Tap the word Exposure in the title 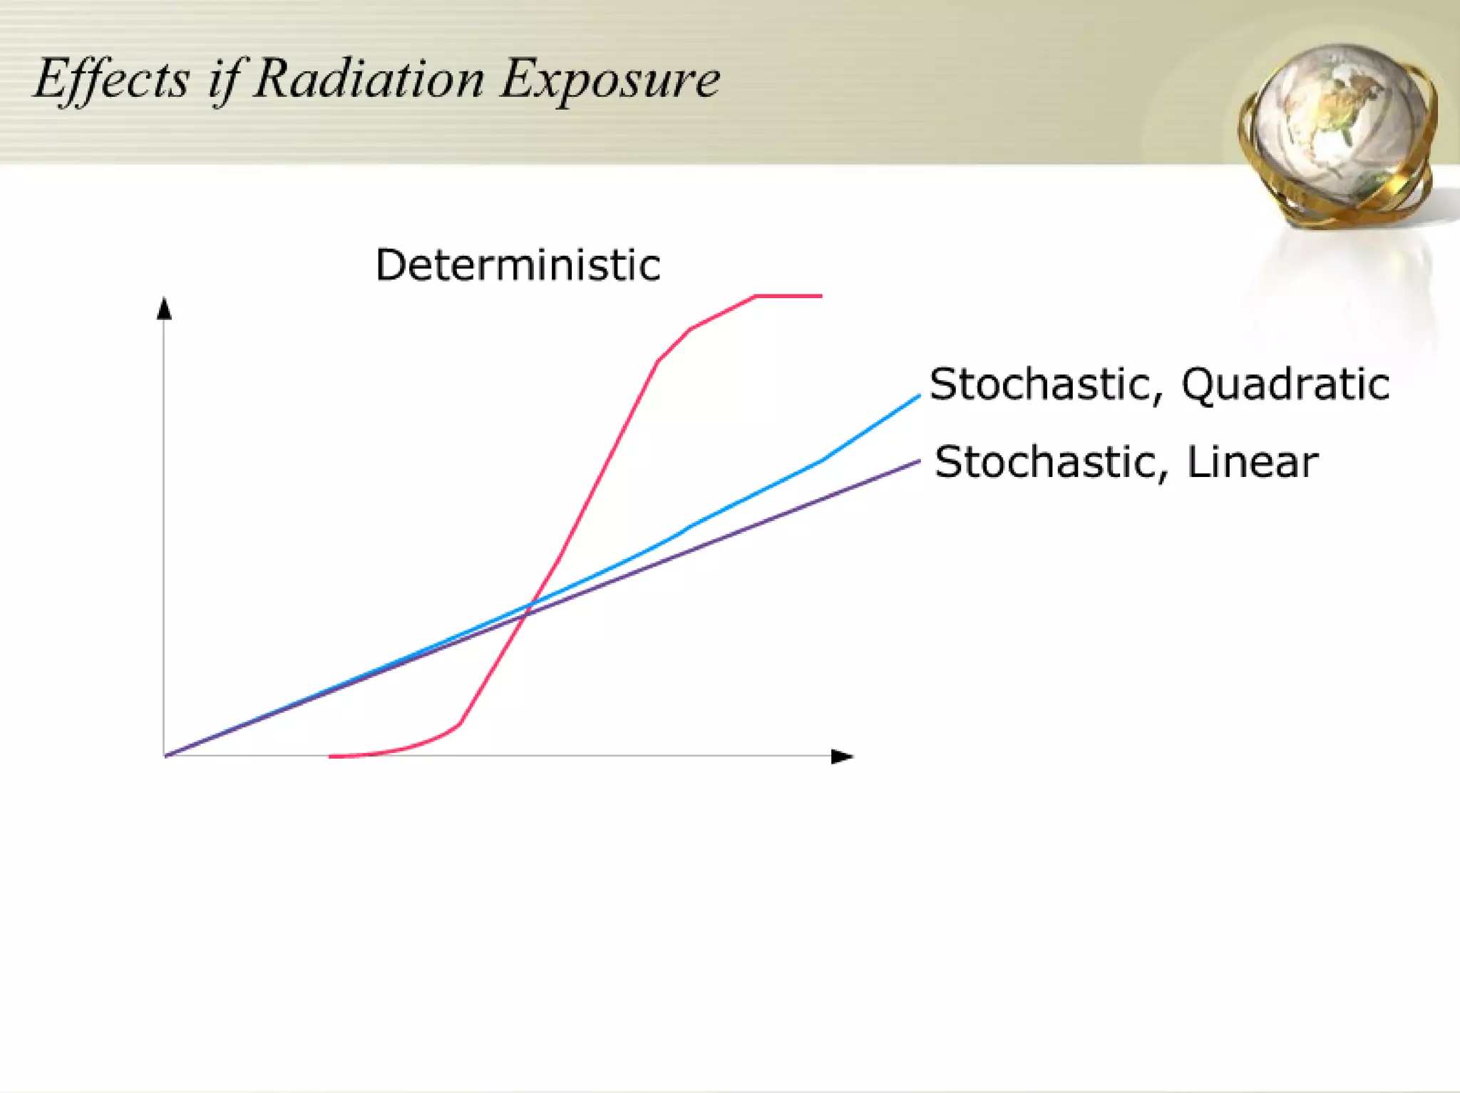point(610,79)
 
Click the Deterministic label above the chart point(518,265)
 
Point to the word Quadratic point(1285,385)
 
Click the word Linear point(1252,462)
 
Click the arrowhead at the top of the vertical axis point(165,309)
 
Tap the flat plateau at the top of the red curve point(788,296)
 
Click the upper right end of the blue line point(917,396)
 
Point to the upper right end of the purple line point(917,462)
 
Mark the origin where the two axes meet point(165,756)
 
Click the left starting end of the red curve point(331,756)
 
